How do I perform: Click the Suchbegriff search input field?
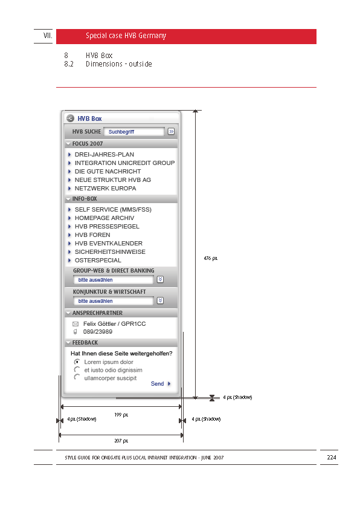tap(134, 131)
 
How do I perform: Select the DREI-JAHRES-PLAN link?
tap(104, 155)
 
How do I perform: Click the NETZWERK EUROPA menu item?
tap(105, 188)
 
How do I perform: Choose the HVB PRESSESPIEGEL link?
tap(107, 226)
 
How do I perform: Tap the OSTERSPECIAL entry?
tap(98, 260)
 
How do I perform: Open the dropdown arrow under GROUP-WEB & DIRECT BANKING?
tap(160, 279)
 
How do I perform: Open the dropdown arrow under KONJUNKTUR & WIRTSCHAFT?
tap(160, 300)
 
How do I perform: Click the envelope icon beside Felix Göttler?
tap(76, 324)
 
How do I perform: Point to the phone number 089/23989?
tap(98, 332)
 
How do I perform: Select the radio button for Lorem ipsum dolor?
tap(77, 361)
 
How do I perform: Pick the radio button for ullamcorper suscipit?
tap(77, 377)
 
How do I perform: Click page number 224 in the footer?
tap(332, 458)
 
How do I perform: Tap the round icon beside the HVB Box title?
tap(70, 118)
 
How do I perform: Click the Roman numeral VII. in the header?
tap(48, 36)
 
